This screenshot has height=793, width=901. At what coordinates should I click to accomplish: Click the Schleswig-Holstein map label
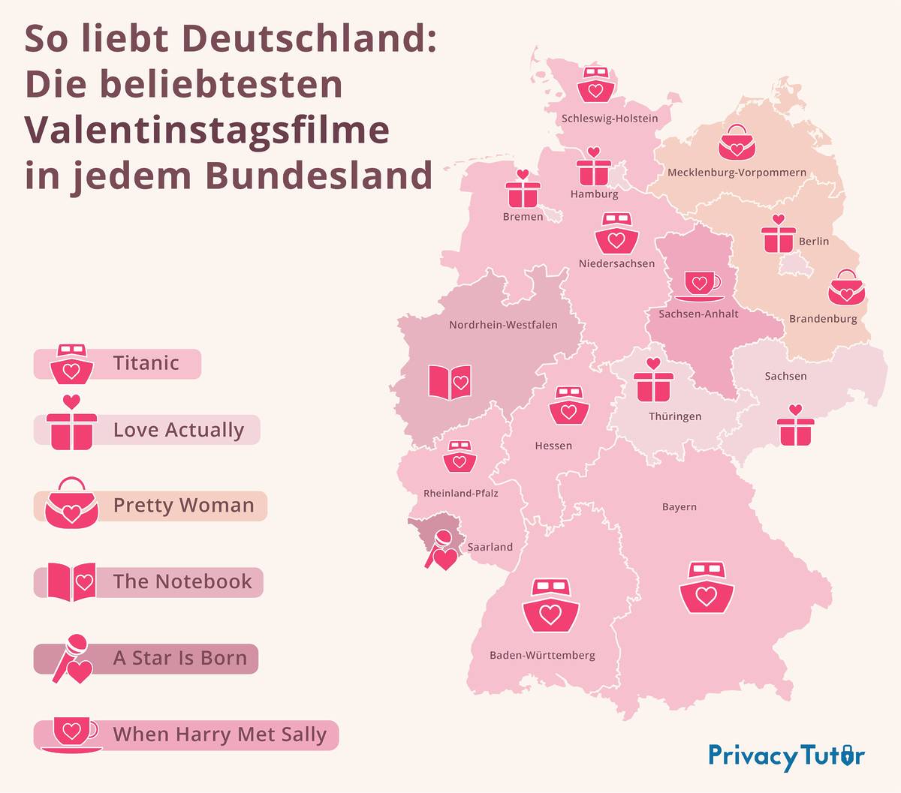pos(610,119)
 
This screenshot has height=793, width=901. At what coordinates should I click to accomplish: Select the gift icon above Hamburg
pos(593,167)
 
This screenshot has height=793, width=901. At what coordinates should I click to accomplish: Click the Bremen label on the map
pos(523,217)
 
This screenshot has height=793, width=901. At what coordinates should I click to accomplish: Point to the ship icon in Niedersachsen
pos(616,233)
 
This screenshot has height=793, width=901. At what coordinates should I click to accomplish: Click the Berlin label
pos(814,242)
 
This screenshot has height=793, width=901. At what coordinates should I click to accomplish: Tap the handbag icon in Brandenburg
pos(846,287)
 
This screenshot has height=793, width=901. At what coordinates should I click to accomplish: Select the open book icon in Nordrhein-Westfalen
pos(449,382)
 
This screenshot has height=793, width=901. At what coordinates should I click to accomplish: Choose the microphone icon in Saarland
pos(441,551)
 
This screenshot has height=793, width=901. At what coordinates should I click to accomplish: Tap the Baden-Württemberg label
pos(542,656)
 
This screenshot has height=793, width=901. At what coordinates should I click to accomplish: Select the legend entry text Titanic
pos(146,363)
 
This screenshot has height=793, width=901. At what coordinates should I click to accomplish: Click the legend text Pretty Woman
pos(184,506)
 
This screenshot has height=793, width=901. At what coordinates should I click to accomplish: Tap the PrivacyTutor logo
pos(786,755)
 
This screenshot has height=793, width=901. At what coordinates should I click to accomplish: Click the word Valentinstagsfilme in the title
pos(207,129)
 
